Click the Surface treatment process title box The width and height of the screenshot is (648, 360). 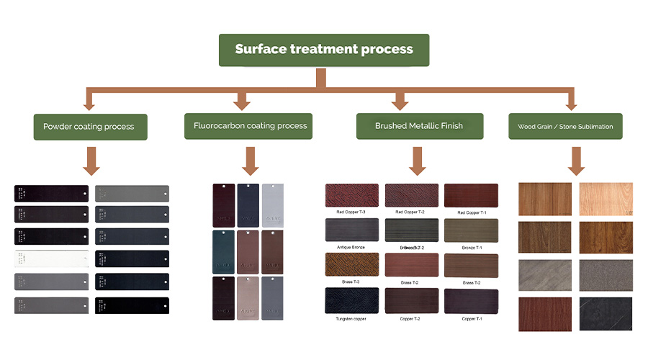pos(324,50)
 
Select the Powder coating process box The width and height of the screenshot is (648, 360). pos(89,127)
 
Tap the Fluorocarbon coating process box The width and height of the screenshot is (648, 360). pos(249,126)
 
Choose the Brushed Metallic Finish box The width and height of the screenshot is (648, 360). pos(419,126)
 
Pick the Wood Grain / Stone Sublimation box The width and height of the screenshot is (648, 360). pos(565,127)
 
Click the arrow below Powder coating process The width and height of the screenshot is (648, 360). pos(91,161)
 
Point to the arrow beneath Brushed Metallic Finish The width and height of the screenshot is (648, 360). pos(418,161)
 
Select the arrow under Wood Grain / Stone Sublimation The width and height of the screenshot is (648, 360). pos(575,161)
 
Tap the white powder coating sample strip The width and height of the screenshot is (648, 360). pos(51,258)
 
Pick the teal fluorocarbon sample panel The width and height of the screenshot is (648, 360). pos(224,251)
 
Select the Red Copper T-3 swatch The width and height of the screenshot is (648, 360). pos(351,195)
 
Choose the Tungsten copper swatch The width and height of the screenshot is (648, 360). pos(351,300)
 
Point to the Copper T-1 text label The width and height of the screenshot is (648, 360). pos(471,318)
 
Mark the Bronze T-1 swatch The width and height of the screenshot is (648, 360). pos(470,230)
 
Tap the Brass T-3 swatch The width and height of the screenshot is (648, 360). pos(351,265)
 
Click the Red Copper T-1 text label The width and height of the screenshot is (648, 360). pos(471,212)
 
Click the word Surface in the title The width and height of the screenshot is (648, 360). pos(261,50)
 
